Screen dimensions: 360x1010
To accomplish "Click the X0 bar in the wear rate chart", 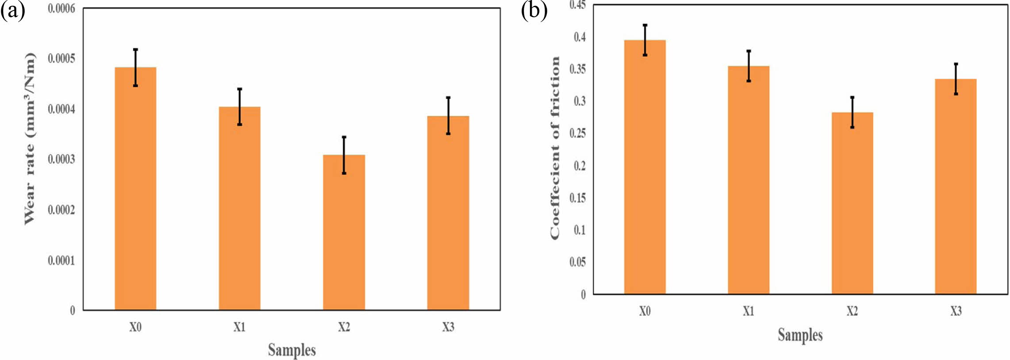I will tap(135, 190).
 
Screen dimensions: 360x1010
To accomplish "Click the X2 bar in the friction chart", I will tap(852, 203).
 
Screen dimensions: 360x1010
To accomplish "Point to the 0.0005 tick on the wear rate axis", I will tap(61, 59).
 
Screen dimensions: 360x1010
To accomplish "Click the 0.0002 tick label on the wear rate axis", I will tap(61, 210).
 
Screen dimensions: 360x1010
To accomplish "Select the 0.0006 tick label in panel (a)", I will tap(61, 9).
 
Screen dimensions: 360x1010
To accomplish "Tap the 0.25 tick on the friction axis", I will tap(577, 133).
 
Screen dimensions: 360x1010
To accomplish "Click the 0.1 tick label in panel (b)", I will tap(580, 230).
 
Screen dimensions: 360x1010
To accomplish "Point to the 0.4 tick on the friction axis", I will tap(580, 37).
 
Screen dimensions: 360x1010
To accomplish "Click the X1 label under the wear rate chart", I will tap(239, 327).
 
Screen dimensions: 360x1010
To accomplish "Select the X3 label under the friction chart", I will tap(956, 311).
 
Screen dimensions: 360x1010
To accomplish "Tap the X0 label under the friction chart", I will tap(645, 311).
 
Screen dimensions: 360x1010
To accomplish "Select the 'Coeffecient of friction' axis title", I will tap(555, 148).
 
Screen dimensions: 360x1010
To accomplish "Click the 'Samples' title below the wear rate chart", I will tap(292, 350).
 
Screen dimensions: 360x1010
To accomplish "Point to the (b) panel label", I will tap(534, 11).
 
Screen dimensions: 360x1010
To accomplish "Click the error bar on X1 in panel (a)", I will tap(239, 106).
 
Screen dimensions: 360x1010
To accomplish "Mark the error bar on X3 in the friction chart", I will tap(956, 79).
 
